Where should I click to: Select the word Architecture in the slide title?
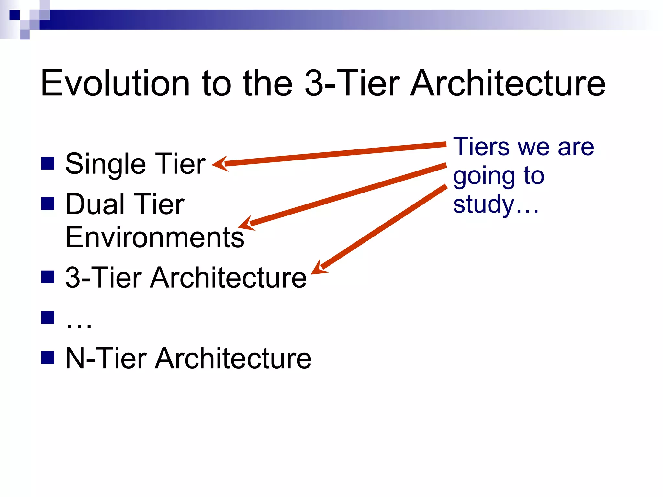tap(508, 83)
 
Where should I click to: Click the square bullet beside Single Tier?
tap(48, 163)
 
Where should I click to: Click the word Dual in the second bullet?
tap(95, 204)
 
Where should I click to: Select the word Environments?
tap(154, 237)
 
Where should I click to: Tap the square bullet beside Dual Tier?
tap(48, 204)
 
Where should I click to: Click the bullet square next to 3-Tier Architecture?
tap(48, 277)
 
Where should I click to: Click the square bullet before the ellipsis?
tap(48, 317)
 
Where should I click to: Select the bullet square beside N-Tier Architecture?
tap(48, 358)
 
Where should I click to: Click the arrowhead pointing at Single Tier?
tap(220, 164)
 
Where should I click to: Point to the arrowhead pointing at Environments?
tap(246, 224)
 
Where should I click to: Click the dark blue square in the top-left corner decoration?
tap(15, 15)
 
